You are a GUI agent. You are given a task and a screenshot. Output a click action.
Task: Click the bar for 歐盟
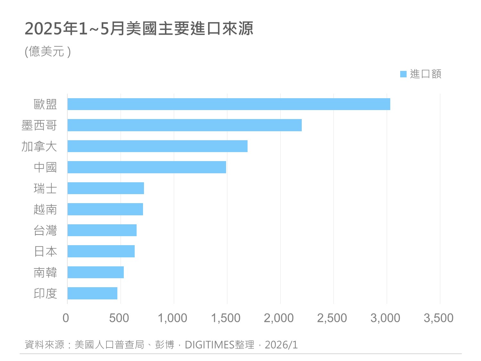(x=229, y=104)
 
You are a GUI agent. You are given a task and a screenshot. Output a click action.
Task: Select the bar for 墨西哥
(x=184, y=125)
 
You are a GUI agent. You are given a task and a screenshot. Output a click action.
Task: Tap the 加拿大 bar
(x=157, y=146)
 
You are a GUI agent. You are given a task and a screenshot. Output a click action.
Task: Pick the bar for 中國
(x=147, y=167)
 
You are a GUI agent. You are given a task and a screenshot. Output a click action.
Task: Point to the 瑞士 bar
(x=105, y=188)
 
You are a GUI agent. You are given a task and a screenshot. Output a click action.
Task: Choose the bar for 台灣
(x=102, y=230)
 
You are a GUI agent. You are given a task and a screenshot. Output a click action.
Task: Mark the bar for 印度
(x=92, y=293)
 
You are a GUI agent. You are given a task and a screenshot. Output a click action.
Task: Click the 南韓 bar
(x=96, y=272)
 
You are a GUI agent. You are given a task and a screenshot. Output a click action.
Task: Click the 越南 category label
(x=45, y=210)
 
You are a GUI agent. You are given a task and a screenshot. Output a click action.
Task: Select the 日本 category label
(x=45, y=252)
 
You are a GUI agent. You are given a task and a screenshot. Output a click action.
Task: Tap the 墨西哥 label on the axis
(x=39, y=125)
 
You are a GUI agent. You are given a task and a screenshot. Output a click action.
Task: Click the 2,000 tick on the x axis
(x=279, y=318)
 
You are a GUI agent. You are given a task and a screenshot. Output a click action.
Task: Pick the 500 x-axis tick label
(x=119, y=318)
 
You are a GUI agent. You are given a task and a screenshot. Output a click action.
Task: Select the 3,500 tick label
(x=438, y=318)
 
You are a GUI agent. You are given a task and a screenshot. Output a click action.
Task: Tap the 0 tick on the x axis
(x=66, y=318)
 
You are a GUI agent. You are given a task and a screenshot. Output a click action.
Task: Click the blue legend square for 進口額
(x=403, y=74)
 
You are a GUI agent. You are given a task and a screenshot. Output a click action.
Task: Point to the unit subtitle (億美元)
(x=48, y=51)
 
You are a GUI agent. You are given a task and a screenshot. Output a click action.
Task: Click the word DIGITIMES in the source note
(x=210, y=345)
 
